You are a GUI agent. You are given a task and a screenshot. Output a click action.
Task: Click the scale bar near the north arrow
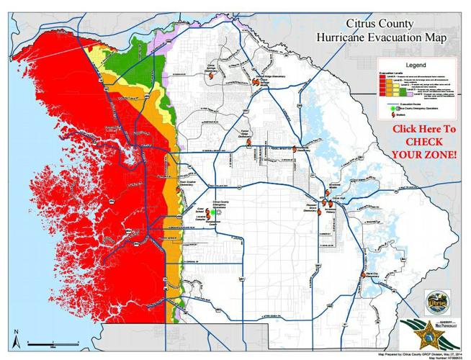click(36, 343)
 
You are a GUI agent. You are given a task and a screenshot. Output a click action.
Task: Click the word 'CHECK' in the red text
click(424, 142)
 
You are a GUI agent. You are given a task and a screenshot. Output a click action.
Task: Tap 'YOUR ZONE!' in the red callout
click(424, 155)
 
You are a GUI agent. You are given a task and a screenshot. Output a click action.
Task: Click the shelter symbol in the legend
click(386, 121)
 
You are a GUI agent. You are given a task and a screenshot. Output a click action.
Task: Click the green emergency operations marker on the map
click(214, 212)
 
